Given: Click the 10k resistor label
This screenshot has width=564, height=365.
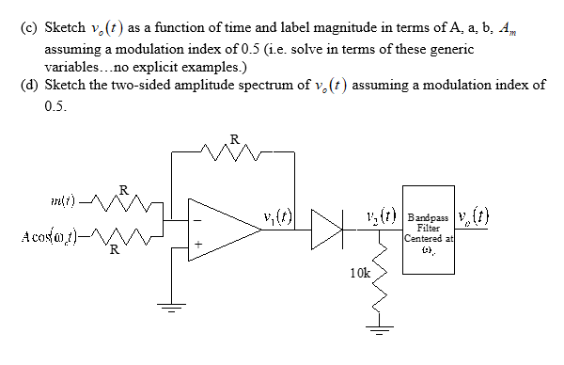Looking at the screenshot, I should pos(360,272).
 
